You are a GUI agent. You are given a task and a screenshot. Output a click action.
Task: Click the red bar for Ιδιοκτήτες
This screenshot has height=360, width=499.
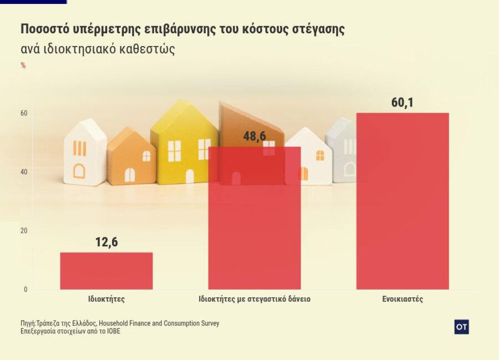(x=106, y=271)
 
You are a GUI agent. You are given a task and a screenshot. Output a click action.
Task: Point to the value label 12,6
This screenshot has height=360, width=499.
(x=106, y=242)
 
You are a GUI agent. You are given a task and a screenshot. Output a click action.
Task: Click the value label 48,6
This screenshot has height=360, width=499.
(x=254, y=136)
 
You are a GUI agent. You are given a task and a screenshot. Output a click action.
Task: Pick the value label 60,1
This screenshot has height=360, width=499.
(x=403, y=103)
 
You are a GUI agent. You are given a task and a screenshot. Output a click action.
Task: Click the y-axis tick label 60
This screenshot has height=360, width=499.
(x=24, y=113)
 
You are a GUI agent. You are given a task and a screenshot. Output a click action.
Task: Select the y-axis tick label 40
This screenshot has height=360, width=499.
(x=24, y=172)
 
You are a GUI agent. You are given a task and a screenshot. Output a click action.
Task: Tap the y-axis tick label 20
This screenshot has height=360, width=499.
(x=24, y=231)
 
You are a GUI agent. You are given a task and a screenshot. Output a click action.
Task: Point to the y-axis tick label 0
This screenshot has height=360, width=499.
(x=26, y=290)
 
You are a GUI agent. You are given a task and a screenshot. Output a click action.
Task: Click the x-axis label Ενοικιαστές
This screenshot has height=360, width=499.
(x=403, y=299)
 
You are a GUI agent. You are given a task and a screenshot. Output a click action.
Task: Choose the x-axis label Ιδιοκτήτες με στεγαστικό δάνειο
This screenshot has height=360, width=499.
(x=254, y=299)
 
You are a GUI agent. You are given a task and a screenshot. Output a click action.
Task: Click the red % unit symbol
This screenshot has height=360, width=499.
(x=23, y=65)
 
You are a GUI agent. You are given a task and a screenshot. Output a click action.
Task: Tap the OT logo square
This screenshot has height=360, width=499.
(x=461, y=327)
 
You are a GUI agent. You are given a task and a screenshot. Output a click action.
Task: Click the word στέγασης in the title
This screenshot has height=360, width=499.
(x=318, y=29)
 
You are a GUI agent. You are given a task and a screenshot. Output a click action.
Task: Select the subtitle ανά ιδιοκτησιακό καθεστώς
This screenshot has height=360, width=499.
(x=98, y=49)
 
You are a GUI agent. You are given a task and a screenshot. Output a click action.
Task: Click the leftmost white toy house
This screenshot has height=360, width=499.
(x=84, y=153)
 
